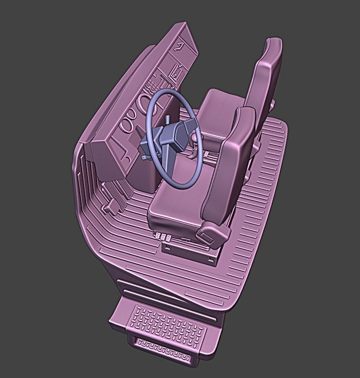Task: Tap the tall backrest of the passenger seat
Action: pyautogui.click(x=265, y=78)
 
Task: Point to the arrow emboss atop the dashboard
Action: pyautogui.click(x=180, y=46)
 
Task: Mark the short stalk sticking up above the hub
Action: pyautogui.click(x=167, y=120)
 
